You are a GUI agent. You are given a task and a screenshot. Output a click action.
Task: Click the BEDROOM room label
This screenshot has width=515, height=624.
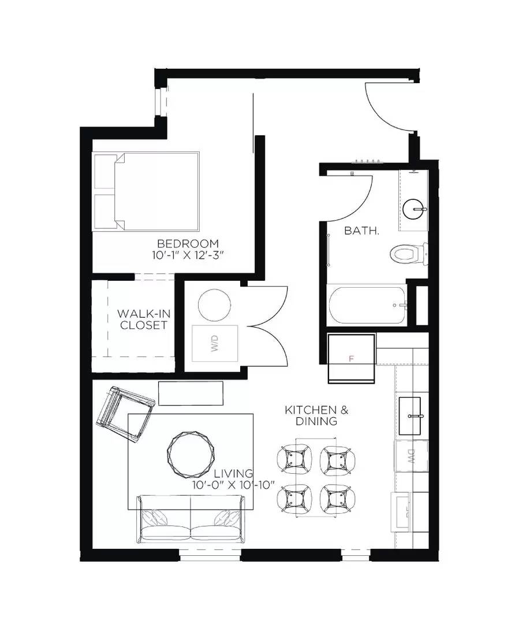click(188, 243)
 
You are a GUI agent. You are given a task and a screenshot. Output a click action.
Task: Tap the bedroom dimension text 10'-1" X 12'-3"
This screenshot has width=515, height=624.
click(188, 255)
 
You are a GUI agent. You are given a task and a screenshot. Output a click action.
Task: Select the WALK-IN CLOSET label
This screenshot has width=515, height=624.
click(143, 319)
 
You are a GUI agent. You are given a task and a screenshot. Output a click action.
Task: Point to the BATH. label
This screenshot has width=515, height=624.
click(362, 231)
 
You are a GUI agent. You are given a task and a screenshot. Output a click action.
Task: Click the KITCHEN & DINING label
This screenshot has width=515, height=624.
click(316, 415)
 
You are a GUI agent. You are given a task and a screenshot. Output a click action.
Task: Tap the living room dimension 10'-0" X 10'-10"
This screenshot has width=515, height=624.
click(234, 485)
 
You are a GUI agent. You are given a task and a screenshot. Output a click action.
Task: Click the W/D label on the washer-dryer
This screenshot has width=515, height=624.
click(215, 347)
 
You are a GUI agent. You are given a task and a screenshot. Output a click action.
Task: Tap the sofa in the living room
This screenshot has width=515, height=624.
click(191, 519)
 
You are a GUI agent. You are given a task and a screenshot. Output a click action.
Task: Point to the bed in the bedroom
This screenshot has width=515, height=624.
click(147, 191)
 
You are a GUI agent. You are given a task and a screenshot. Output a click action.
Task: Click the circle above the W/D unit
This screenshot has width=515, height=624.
click(215, 304)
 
